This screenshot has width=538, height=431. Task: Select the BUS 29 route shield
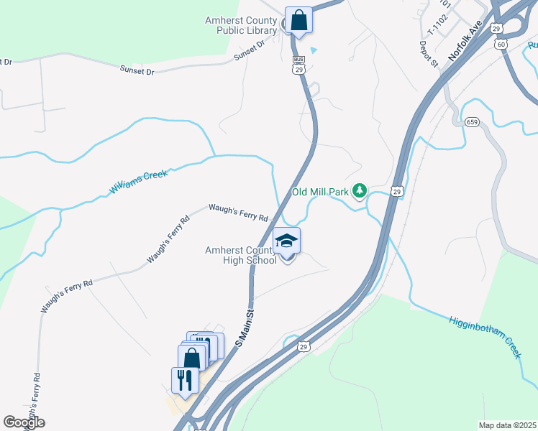298,65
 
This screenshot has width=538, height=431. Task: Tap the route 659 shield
472,122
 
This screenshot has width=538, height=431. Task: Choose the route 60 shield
501,44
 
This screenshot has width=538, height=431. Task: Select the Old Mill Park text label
320,193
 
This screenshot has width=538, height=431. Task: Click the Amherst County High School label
241,255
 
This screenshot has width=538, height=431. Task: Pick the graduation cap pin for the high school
287,241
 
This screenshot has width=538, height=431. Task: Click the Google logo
24,422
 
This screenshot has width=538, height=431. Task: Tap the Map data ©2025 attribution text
507,425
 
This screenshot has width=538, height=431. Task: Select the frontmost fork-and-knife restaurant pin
185,380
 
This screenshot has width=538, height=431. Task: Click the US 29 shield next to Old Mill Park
397,191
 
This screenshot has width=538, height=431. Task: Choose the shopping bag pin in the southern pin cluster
192,358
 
